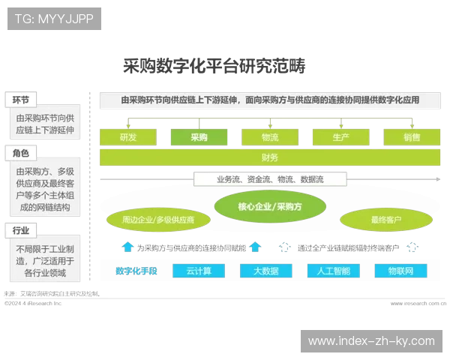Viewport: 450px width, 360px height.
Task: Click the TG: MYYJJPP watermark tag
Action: click(54, 19)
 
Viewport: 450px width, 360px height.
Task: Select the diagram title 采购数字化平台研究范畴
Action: click(213, 67)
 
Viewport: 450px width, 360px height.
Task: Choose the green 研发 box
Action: click(128, 137)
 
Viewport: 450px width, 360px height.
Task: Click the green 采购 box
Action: click(199, 137)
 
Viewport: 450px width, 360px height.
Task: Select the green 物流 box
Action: click(270, 137)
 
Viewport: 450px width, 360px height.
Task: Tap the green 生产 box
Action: click(340, 137)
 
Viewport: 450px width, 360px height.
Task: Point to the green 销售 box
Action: click(411, 137)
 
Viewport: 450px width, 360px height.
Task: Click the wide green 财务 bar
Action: click(270, 157)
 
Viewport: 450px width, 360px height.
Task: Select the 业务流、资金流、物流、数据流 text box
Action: click(270, 179)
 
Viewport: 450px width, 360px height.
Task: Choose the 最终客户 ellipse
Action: click(386, 220)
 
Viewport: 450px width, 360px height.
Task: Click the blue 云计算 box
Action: click(199, 271)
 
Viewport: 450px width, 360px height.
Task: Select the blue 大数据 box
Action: click(265, 271)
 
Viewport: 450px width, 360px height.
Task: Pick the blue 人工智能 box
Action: click(333, 271)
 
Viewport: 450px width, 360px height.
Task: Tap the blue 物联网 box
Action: click(400, 271)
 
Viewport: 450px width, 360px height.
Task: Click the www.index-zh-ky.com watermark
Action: click(371, 341)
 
